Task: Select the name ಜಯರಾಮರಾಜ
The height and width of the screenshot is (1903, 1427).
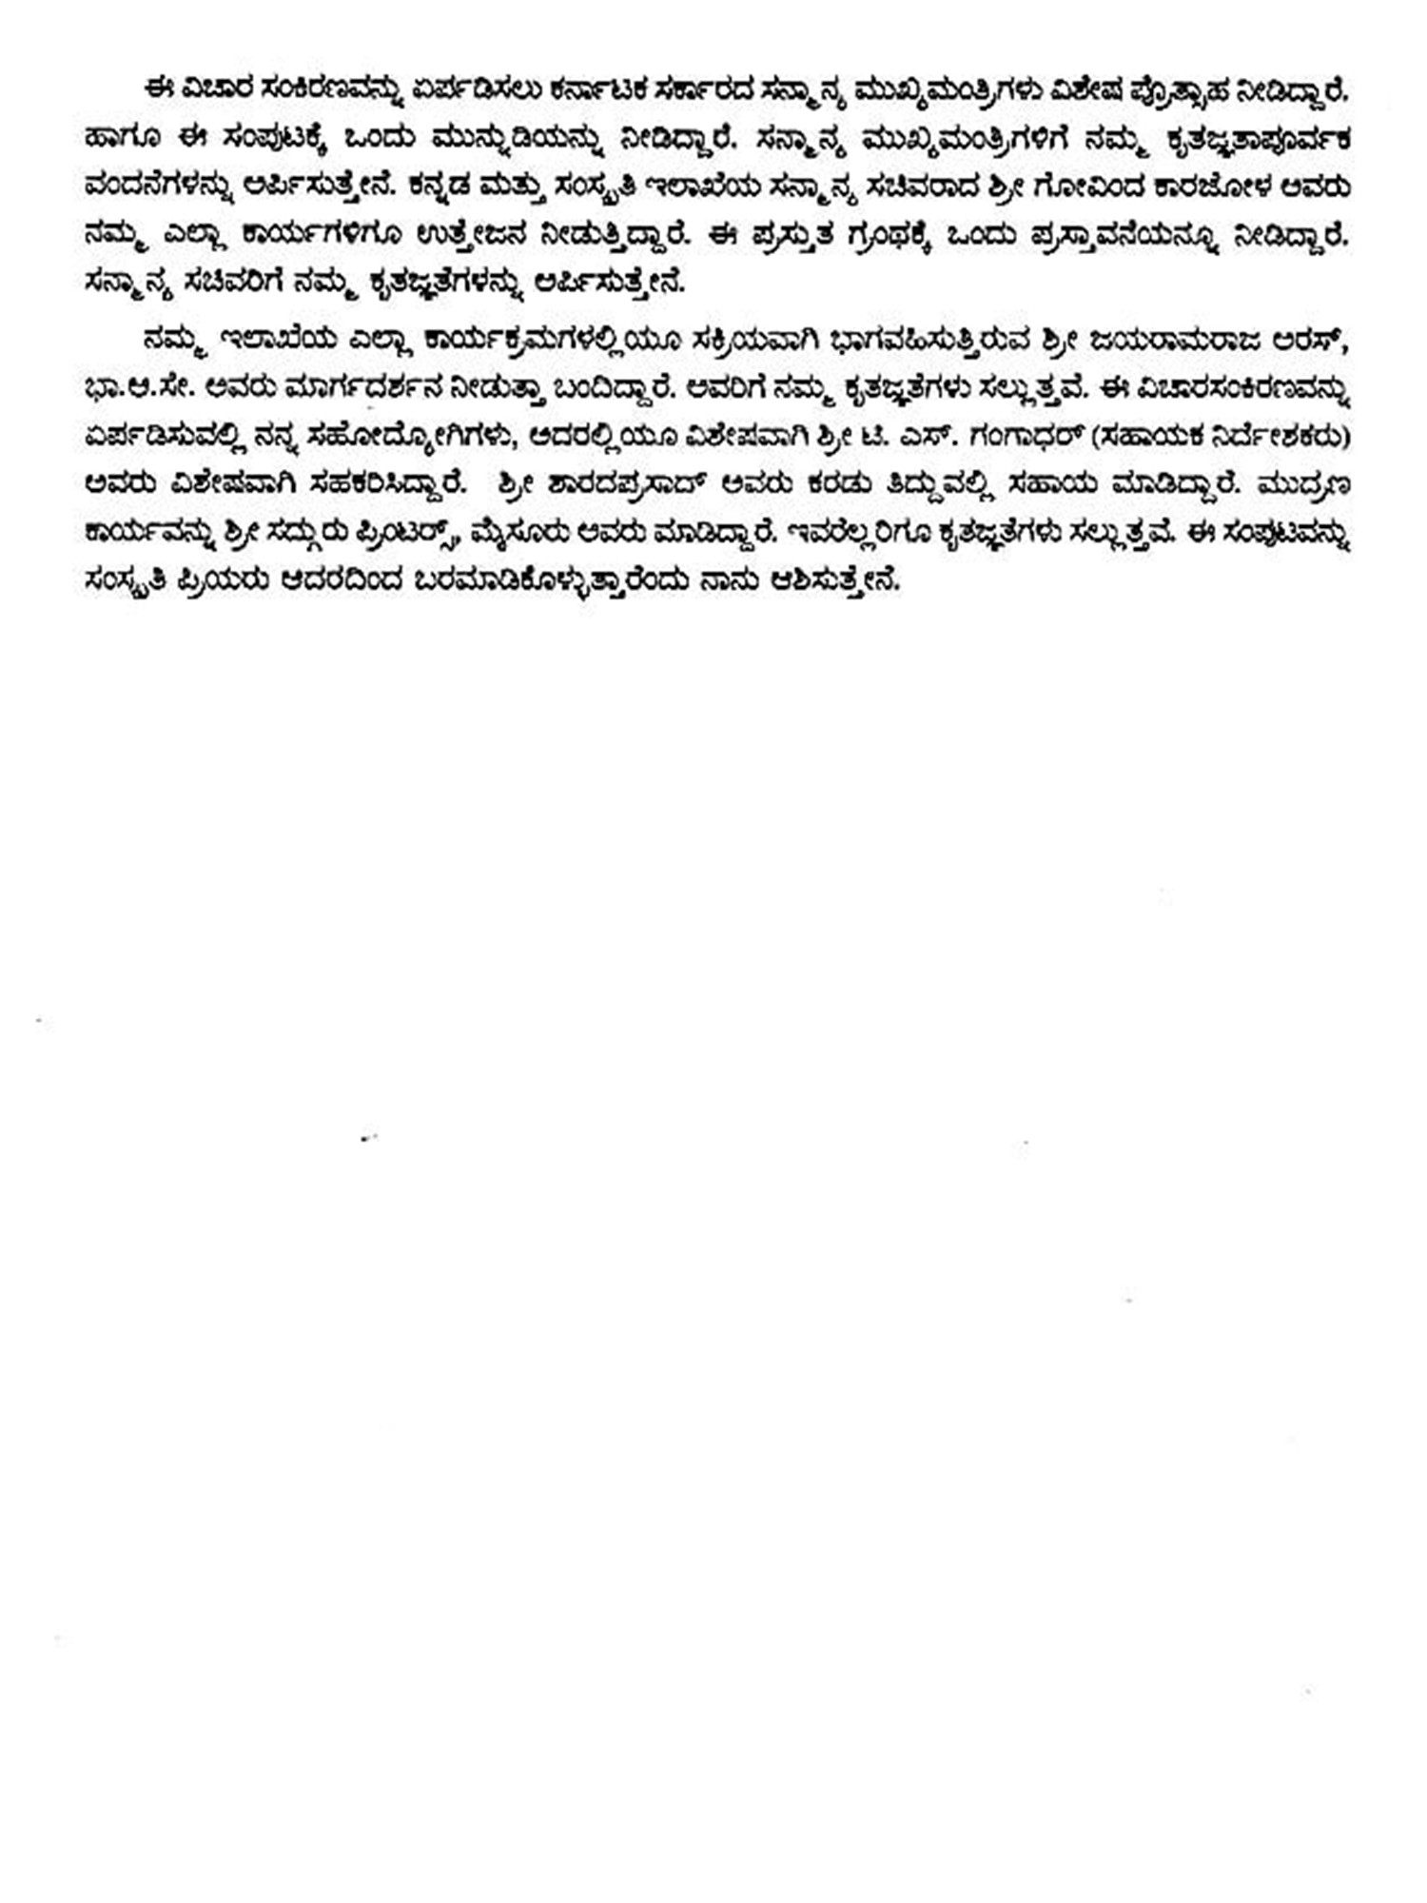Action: [1165, 340]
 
